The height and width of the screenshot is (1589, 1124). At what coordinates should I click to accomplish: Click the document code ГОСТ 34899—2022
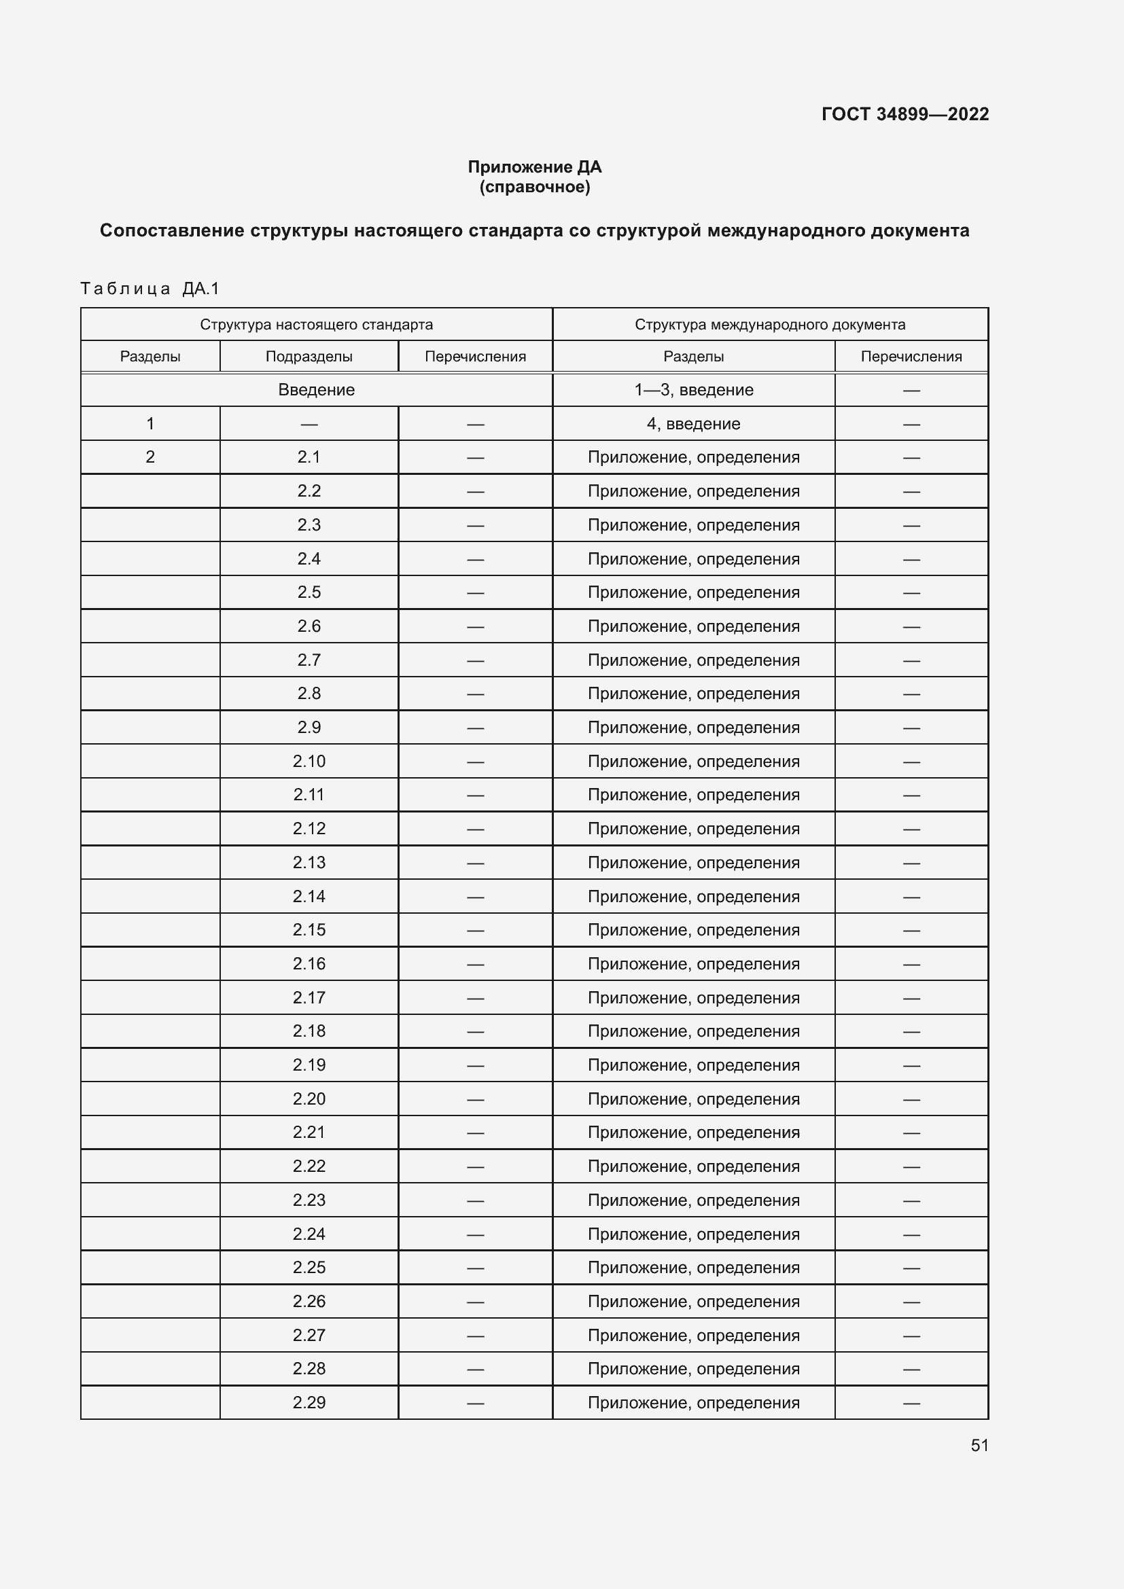tap(905, 114)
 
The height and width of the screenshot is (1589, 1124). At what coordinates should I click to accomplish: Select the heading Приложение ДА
tap(534, 167)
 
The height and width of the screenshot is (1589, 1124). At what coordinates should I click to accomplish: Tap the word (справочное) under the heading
tap(534, 187)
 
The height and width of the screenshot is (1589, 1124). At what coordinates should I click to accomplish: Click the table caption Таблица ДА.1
tap(150, 289)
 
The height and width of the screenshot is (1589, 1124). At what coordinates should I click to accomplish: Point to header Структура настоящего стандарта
tap(316, 325)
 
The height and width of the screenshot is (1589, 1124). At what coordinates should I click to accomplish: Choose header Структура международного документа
tap(770, 325)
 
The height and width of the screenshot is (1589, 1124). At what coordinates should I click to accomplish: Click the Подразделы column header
tap(309, 357)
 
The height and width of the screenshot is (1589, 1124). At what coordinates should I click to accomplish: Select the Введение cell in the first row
tap(316, 390)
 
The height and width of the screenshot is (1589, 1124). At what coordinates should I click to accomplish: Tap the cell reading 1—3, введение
tap(694, 390)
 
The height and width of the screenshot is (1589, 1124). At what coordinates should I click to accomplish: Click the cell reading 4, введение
tap(694, 423)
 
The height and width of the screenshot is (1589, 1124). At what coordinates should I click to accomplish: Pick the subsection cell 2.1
tap(309, 457)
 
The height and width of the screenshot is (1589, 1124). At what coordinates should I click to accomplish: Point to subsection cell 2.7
tap(309, 660)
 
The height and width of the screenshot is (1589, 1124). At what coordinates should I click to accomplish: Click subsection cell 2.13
tap(309, 862)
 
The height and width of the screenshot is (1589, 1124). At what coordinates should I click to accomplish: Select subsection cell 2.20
tap(309, 1099)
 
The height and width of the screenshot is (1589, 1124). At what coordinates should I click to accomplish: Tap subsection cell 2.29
tap(309, 1402)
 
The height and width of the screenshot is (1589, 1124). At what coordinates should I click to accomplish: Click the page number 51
tap(979, 1445)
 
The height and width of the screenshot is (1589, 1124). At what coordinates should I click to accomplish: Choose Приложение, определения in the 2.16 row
tap(694, 963)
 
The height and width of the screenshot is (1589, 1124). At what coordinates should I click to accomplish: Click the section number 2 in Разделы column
tap(150, 457)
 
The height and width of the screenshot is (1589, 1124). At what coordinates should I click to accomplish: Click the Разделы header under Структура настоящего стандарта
tap(150, 357)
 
